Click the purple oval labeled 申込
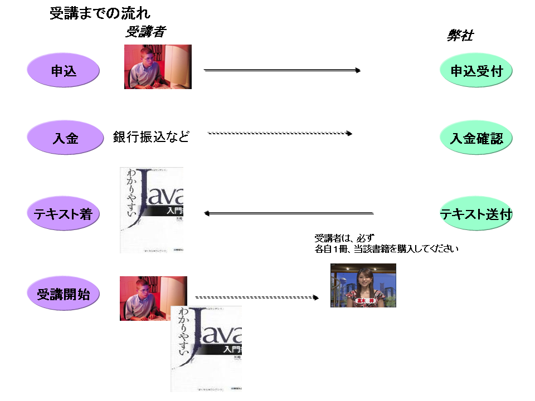click(64, 71)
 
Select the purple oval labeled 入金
click(65, 138)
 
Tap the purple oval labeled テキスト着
click(62, 213)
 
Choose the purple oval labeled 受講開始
click(64, 294)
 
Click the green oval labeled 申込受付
click(476, 71)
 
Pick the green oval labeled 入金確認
click(476, 138)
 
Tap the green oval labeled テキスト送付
click(476, 213)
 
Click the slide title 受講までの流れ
click(100, 13)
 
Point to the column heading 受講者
click(145, 32)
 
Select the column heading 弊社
click(460, 35)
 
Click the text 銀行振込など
click(151, 136)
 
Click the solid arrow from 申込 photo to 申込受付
click(282, 70)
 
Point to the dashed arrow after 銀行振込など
click(280, 134)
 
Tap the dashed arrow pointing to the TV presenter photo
click(256, 297)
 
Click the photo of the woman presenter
click(363, 285)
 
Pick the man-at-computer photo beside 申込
click(158, 67)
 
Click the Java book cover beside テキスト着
click(152, 210)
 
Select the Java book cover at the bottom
click(206, 348)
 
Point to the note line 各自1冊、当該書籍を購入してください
click(386, 249)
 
